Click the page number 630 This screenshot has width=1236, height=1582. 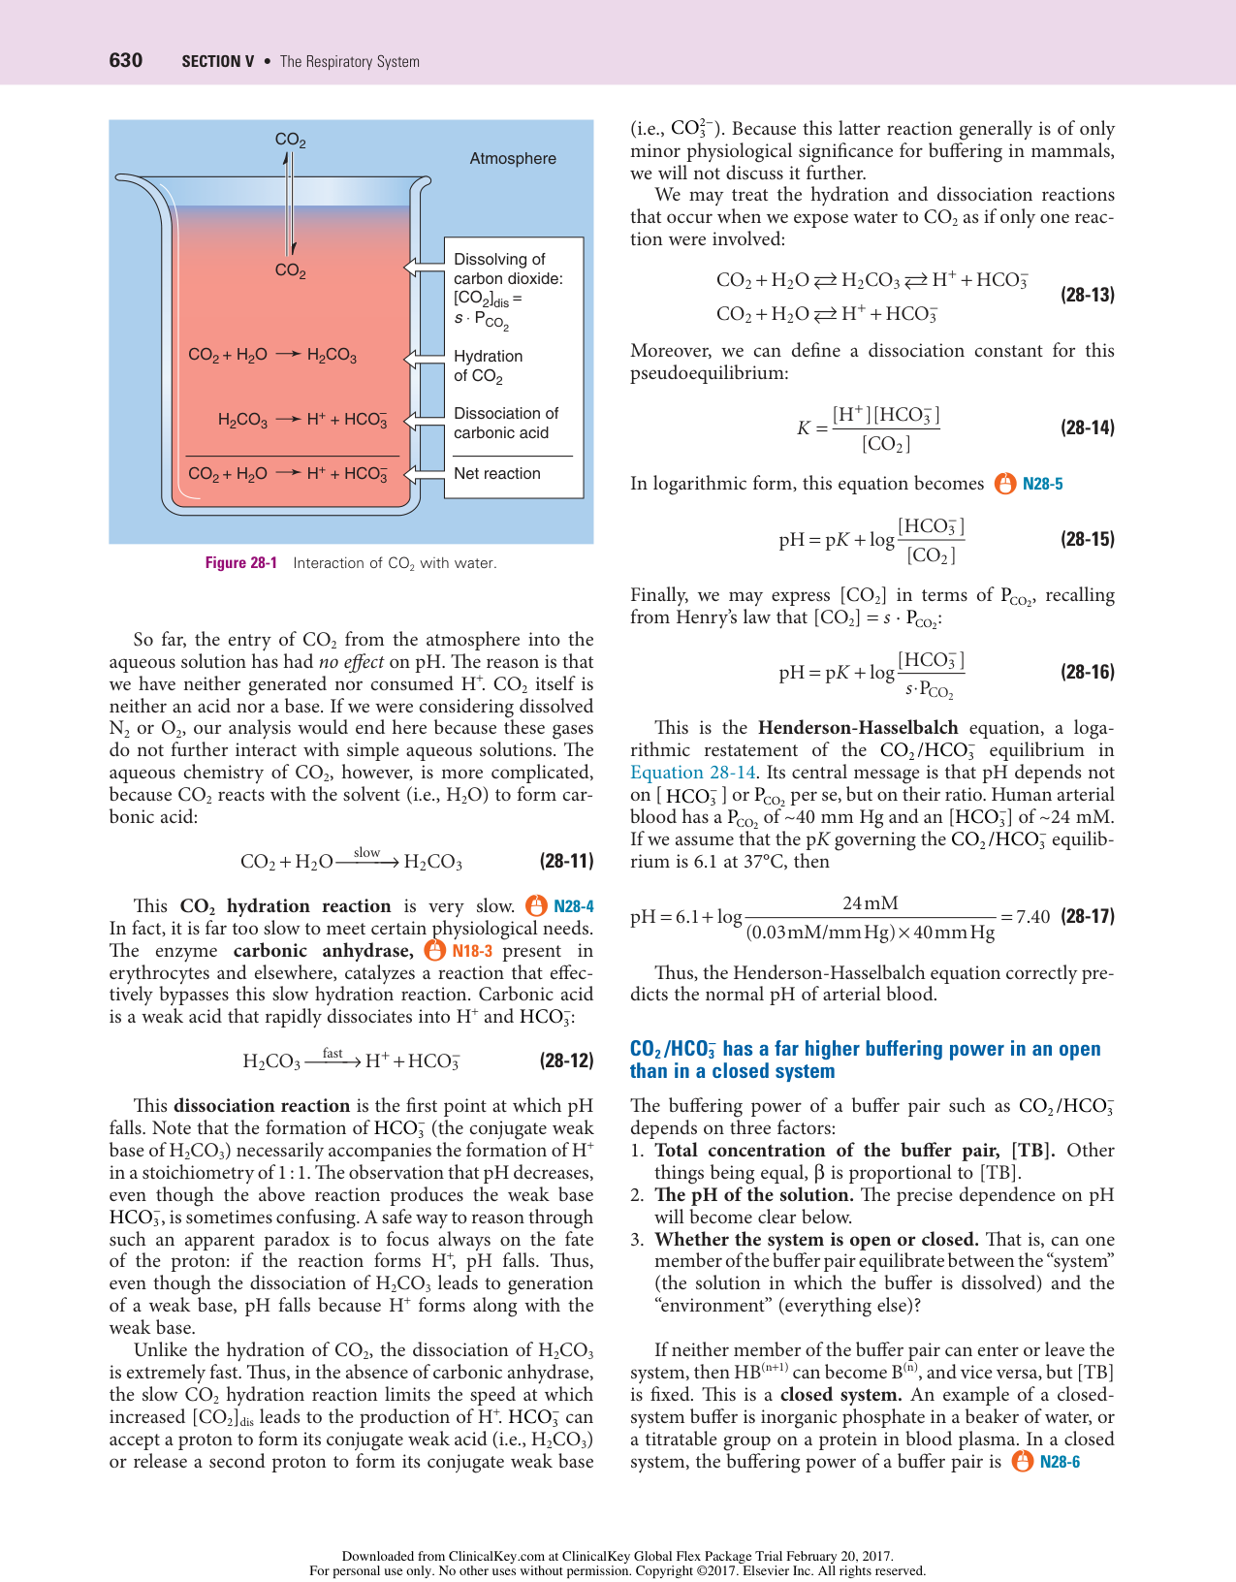[125, 60]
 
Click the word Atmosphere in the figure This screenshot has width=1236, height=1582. [513, 158]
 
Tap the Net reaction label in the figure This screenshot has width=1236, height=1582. [496, 473]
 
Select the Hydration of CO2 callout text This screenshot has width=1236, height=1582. [488, 366]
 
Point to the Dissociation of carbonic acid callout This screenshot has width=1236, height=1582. [505, 423]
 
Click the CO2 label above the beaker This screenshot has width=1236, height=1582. [290, 140]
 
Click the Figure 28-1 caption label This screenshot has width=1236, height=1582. [240, 563]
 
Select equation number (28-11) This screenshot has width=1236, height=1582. [566, 861]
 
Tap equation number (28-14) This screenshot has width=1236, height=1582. [1087, 427]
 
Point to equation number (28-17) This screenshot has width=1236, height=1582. [1087, 916]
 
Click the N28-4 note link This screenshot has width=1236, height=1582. [573, 906]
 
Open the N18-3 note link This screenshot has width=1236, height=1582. [472, 951]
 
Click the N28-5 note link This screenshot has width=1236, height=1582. [1042, 484]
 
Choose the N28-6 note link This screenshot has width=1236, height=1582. [1059, 1462]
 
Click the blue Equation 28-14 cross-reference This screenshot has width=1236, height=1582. [692, 773]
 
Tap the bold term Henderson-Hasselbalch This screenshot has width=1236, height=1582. [857, 728]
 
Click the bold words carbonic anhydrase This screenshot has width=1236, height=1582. [323, 951]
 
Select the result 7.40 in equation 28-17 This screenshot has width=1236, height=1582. [1032, 917]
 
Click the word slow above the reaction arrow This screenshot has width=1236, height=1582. [366, 852]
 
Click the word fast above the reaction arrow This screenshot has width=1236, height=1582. [333, 1053]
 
